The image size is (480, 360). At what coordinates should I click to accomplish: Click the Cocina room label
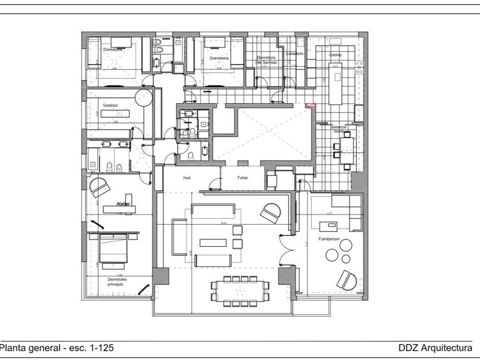click(335, 55)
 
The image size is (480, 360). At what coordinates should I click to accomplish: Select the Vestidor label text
click(110, 106)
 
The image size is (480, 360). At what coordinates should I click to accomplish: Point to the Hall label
click(187, 178)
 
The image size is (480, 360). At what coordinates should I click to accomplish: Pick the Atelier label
click(123, 204)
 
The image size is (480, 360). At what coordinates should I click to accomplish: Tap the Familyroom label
click(329, 238)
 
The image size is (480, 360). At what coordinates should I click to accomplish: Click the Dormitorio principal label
click(117, 281)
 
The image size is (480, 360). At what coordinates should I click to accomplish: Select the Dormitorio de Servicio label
click(267, 59)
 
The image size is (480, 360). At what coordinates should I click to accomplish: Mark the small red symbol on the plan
click(310, 105)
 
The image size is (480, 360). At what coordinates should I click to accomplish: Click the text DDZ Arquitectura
click(435, 348)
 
